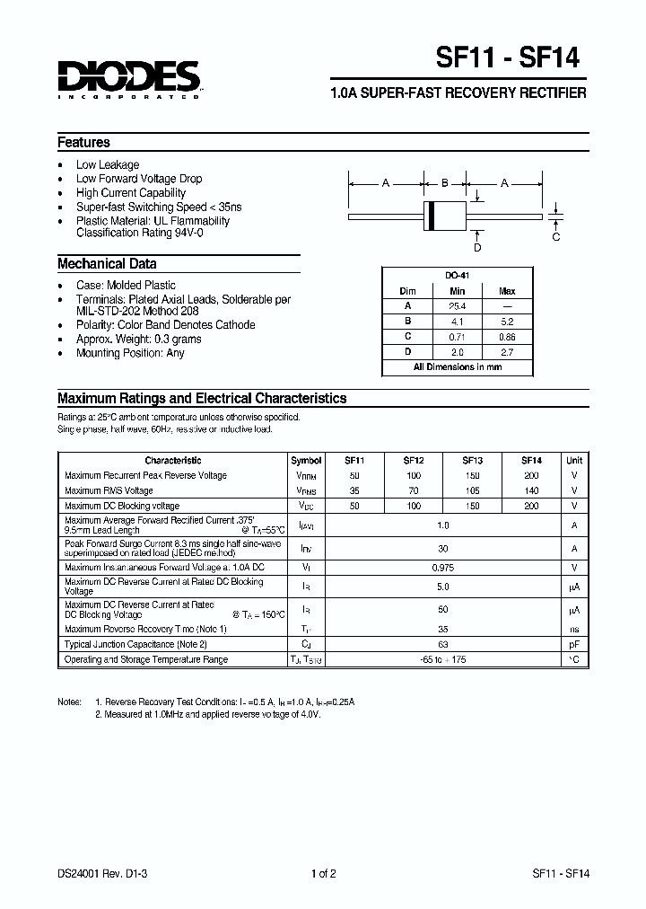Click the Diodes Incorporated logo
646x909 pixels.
pos(128,79)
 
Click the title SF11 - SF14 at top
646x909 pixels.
pos(507,58)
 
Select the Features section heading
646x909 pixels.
pos(83,143)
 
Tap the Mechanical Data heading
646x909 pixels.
pos(107,264)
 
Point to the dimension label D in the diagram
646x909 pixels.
pos(477,247)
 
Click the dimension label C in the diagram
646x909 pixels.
pos(556,237)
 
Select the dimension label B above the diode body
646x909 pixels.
pos(444,183)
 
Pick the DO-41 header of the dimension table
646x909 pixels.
pos(458,276)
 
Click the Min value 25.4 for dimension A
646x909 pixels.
pos(458,306)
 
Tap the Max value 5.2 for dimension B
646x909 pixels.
pos(507,322)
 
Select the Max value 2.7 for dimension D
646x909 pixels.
pos(507,352)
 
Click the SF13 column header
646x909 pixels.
pos(474,460)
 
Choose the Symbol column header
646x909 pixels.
pos(306,460)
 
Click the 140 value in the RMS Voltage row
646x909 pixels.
pos(531,491)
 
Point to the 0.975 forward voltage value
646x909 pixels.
pos(442,567)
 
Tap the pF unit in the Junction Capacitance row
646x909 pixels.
pos(574,644)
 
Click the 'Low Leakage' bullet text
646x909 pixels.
pos(108,165)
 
